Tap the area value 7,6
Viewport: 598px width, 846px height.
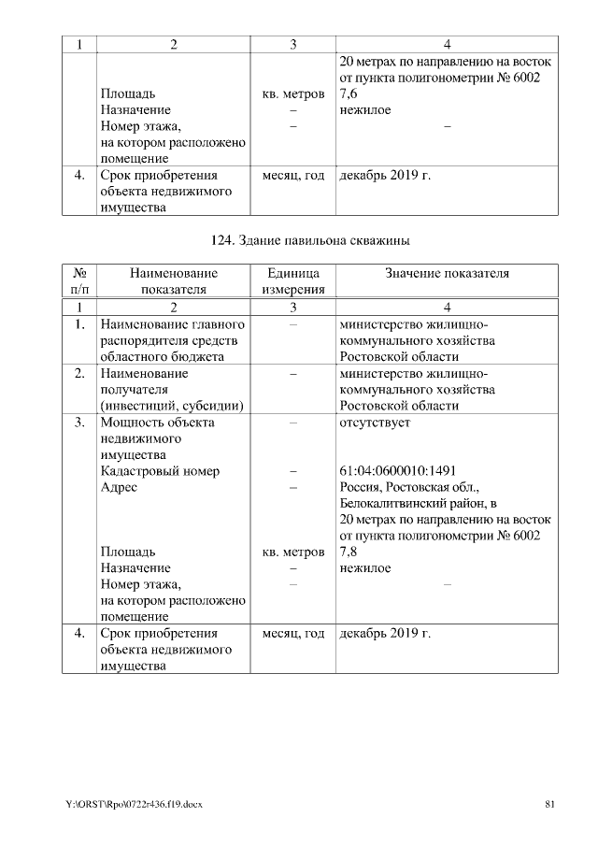click(x=348, y=93)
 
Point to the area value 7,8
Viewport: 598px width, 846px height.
click(x=348, y=552)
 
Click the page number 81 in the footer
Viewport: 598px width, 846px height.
click(x=550, y=804)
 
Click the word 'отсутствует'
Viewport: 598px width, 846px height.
click(x=375, y=422)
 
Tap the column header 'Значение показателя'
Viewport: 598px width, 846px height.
click(x=447, y=273)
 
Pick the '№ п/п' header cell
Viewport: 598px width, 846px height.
click(x=79, y=281)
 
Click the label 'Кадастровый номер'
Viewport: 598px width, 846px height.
click(x=160, y=470)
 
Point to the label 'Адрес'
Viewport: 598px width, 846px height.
click(x=119, y=487)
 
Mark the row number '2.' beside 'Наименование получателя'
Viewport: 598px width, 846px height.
click(x=79, y=373)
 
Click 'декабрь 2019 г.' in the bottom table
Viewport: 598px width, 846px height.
click(x=385, y=634)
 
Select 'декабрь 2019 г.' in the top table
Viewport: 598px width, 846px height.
click(x=385, y=175)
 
